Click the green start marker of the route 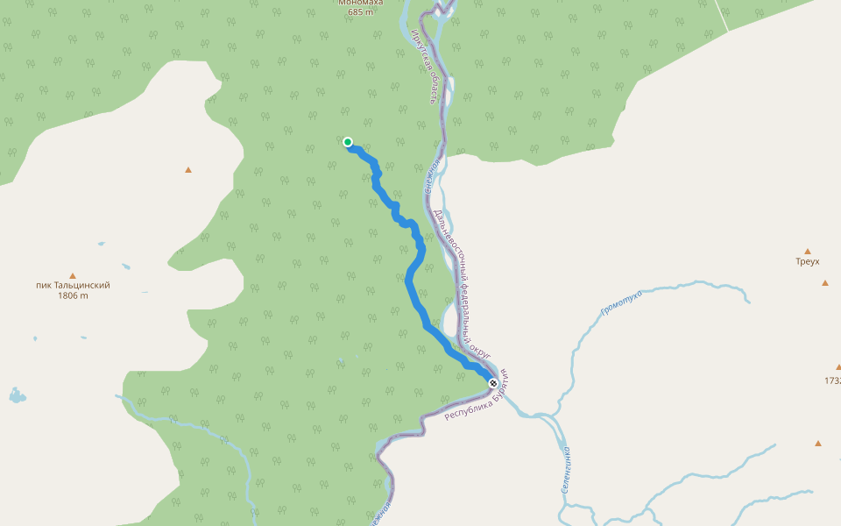pos(348,142)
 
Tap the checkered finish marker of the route pos(493,383)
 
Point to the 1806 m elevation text pos(73,296)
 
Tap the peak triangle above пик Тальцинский pos(73,274)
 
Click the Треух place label pos(808,261)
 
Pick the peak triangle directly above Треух pos(808,251)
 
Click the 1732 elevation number pos(832,380)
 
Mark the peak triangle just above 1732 pos(838,367)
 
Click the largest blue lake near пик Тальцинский pos(17,395)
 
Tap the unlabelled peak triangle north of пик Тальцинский pos(188,170)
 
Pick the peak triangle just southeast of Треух pos(825,282)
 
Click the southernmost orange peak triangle pos(818,444)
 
